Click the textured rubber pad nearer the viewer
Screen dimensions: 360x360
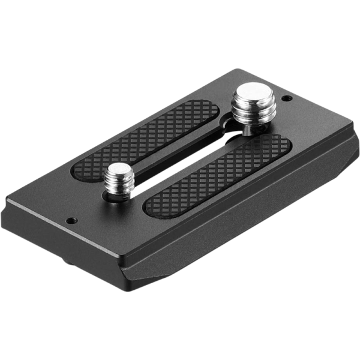(216, 174)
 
